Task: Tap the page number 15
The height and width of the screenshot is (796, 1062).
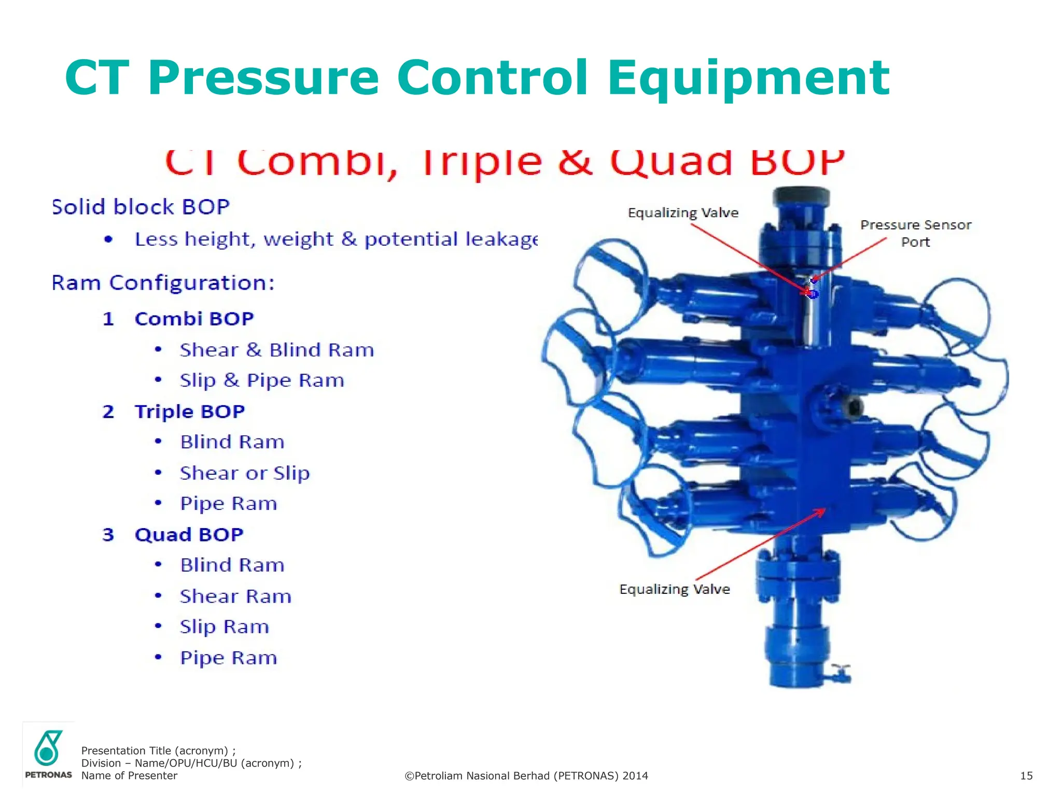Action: coord(1026,776)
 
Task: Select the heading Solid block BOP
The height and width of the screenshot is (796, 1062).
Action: coord(141,207)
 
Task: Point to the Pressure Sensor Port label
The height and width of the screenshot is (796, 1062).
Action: coord(915,233)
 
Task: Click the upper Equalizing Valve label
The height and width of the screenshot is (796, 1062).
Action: coord(683,213)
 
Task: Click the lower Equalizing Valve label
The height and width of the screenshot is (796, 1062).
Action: coord(674,589)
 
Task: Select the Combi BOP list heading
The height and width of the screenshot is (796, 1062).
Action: coord(194,319)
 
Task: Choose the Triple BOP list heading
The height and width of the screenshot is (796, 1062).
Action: coord(189,411)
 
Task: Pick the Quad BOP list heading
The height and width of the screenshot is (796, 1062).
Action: coord(189,534)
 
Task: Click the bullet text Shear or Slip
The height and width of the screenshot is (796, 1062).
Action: coord(245,473)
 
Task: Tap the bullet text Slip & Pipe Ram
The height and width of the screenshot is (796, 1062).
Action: coord(262,380)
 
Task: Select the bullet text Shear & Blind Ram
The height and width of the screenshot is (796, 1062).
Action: coord(277,350)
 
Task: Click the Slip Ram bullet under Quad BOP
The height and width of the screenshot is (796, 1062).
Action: coord(225,627)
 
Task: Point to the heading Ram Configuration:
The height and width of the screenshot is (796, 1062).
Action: coord(163,283)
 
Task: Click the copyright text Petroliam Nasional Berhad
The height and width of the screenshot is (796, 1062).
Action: coord(526,776)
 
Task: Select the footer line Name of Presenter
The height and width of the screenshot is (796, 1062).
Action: coord(129,776)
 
